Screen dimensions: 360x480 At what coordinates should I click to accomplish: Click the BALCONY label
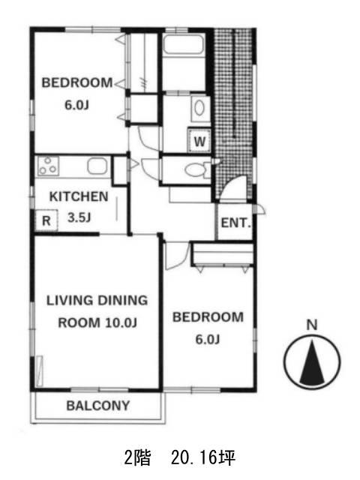[98, 406]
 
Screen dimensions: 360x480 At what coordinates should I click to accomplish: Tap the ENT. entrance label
[235, 223]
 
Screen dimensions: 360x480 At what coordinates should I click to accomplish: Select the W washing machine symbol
[199, 141]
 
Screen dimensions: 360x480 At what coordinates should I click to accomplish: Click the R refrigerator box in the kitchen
[46, 220]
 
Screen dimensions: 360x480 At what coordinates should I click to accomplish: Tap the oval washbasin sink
[199, 108]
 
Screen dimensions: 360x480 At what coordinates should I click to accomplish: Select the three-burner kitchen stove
[48, 166]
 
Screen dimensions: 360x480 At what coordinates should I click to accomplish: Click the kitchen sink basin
[97, 166]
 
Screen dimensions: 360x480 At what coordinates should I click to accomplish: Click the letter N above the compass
[312, 325]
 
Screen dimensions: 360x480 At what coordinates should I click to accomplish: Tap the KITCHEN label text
[79, 196]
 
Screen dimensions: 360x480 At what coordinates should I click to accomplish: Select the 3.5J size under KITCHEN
[79, 217]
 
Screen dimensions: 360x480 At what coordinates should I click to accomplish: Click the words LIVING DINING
[97, 300]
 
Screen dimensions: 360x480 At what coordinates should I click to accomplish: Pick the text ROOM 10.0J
[97, 322]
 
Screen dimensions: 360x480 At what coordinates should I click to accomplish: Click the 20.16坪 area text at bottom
[203, 457]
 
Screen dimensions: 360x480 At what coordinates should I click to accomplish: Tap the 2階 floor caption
[137, 457]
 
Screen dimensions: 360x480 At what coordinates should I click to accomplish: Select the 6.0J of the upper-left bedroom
[76, 105]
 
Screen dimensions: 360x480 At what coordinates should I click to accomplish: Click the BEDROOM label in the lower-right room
[208, 317]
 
